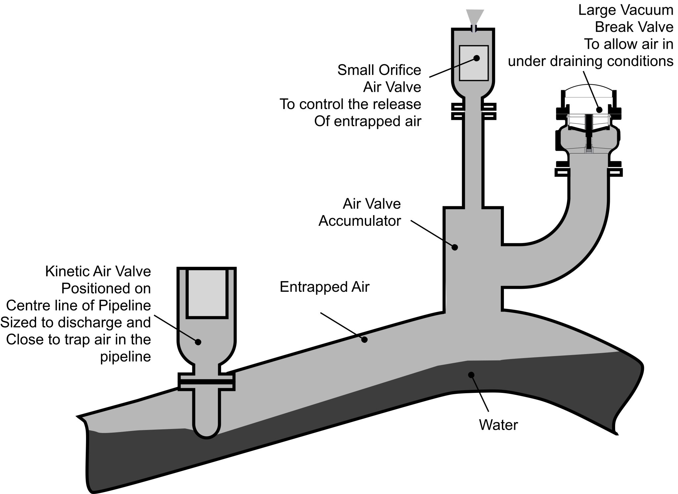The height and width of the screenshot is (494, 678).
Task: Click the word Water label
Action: point(498,425)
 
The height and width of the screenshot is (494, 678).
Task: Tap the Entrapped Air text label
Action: point(324,287)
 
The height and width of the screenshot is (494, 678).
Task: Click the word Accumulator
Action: point(360,221)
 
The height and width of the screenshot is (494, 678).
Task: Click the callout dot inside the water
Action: point(471,375)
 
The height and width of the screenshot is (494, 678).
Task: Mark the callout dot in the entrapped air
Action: point(364,340)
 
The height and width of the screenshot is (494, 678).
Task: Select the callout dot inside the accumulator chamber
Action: point(455,247)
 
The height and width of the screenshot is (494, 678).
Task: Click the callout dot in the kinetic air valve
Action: point(198,342)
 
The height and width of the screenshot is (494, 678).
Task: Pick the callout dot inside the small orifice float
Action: point(477,58)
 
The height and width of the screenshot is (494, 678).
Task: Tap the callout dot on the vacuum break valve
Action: point(599,110)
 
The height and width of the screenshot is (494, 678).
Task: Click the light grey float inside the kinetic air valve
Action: point(207,293)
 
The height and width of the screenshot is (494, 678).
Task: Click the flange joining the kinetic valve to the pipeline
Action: point(207,382)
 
